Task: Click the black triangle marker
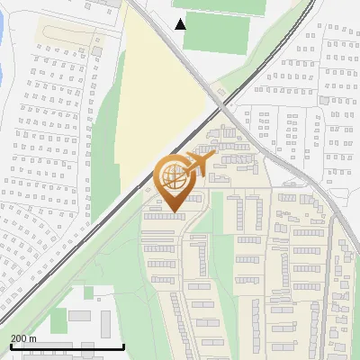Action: (x=181, y=23)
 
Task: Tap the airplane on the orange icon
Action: (x=198, y=164)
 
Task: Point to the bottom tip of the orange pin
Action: (x=172, y=212)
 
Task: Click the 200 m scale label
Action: (x=23, y=338)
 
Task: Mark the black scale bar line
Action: (x=67, y=347)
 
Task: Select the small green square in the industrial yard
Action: (x=89, y=292)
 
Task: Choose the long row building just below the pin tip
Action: (x=166, y=216)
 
